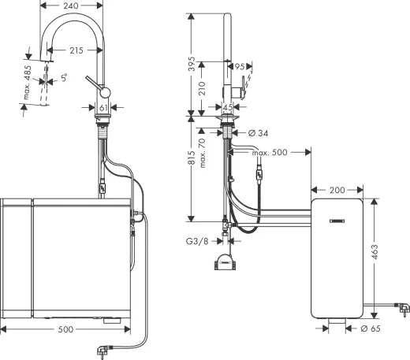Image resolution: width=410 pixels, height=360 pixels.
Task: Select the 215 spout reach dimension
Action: (x=76, y=50)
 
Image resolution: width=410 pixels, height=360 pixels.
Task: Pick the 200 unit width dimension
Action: (x=337, y=190)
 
